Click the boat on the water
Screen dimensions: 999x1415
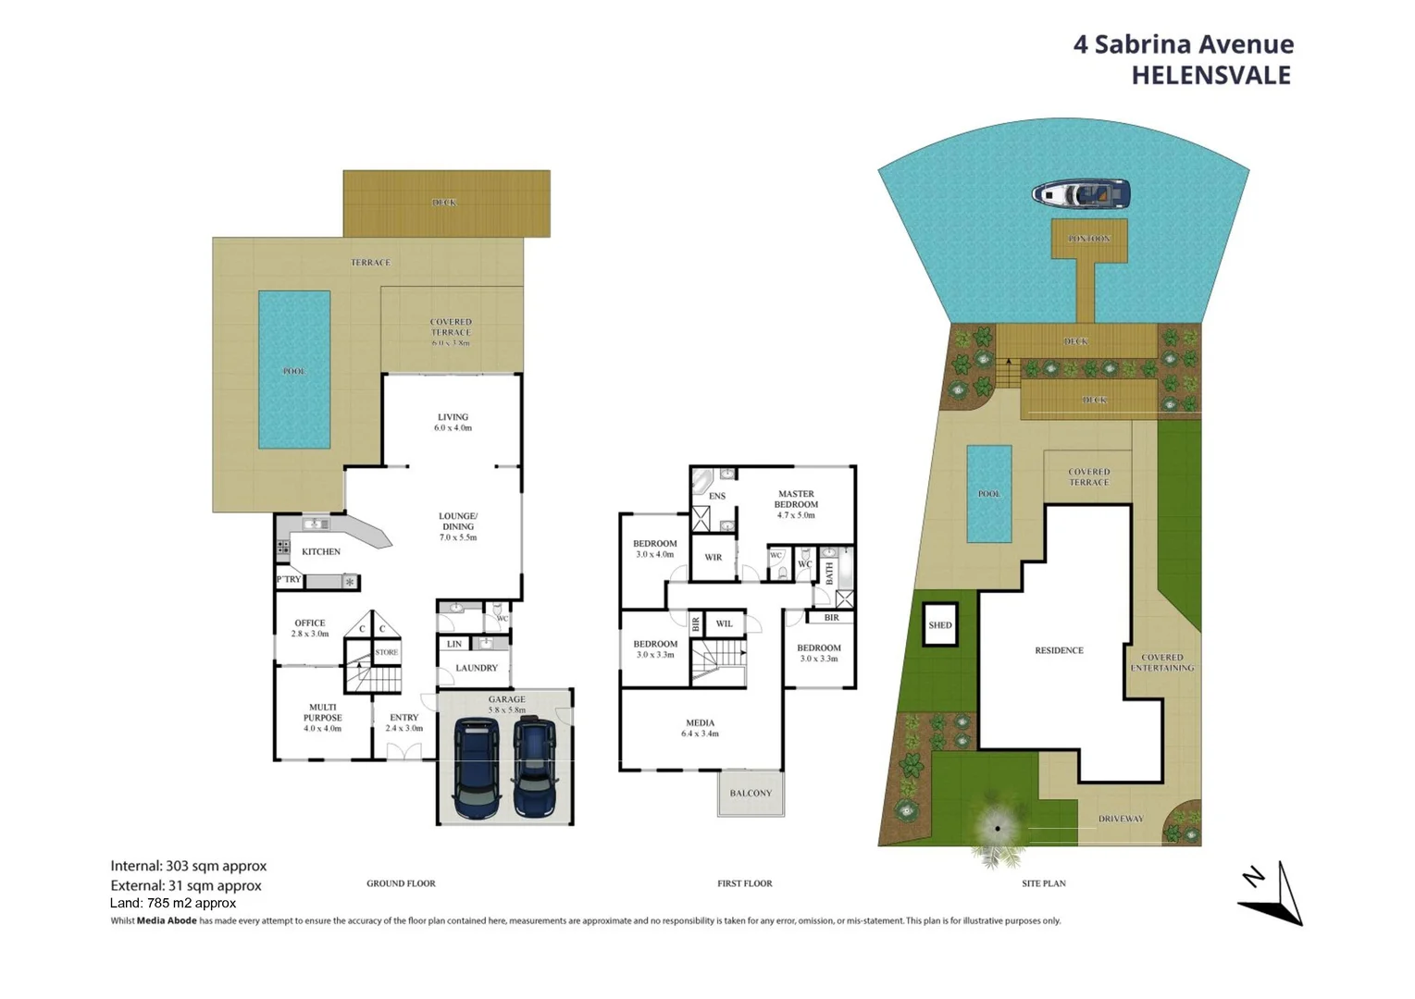(1081, 194)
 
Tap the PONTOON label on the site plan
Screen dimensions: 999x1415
(1088, 239)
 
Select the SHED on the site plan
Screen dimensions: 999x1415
(939, 625)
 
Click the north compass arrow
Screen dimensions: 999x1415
(1273, 894)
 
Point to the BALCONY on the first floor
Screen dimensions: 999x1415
(751, 793)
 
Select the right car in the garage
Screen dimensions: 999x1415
(535, 769)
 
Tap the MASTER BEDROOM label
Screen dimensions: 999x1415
(796, 499)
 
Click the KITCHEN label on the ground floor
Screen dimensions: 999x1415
(321, 551)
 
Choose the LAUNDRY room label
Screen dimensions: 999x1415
(477, 668)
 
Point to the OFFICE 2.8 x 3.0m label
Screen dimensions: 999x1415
(310, 628)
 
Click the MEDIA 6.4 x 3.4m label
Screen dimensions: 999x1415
(700, 728)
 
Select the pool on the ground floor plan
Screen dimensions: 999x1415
(294, 370)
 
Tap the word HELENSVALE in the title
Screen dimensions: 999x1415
(1210, 76)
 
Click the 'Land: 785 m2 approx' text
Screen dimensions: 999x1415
(173, 904)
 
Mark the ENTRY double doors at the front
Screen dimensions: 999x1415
(403, 753)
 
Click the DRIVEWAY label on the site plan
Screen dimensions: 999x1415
(1121, 819)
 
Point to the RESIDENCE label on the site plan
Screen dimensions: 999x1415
(1059, 650)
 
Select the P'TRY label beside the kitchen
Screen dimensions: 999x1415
(289, 580)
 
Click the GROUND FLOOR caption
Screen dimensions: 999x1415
(401, 883)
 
